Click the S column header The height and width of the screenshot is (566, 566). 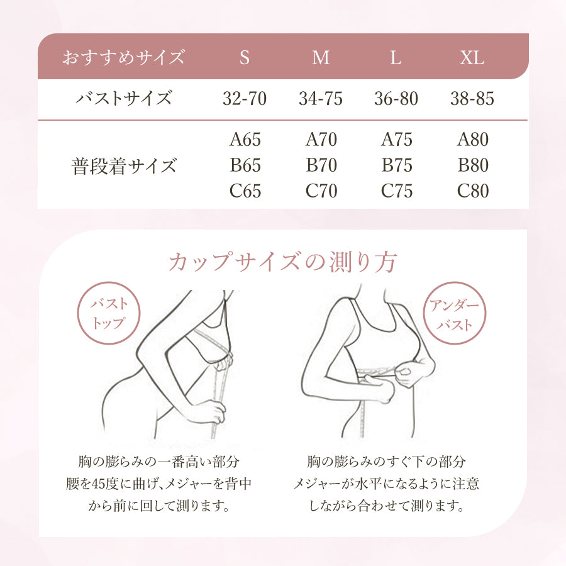tap(245, 58)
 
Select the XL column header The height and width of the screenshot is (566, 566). tap(472, 58)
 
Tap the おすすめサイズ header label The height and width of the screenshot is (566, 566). tap(123, 58)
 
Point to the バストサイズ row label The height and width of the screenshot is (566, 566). tap(123, 99)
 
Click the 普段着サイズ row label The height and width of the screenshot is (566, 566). tap(123, 166)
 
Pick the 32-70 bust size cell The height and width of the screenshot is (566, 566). tap(245, 99)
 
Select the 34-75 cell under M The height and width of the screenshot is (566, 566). tap(321, 99)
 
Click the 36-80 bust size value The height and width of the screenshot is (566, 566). tap(396, 99)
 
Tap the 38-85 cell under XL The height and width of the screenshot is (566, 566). tap(472, 99)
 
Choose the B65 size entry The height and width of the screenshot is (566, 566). tap(245, 165)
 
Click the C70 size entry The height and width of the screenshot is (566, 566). tap(321, 191)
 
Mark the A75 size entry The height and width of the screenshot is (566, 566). tap(396, 140)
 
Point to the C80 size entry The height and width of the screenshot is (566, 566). tap(472, 191)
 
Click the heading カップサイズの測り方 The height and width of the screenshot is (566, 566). tap(282, 262)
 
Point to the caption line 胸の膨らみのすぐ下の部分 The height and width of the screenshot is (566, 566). tap(386, 462)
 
